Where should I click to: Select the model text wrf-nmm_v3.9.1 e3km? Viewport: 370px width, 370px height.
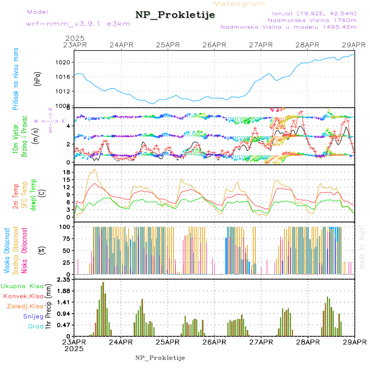pos(72,24)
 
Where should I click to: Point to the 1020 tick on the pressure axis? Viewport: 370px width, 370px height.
pos(66,62)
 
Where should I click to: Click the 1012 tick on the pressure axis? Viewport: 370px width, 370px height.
pos(66,91)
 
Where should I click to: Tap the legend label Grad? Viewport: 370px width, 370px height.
pos(36,326)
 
